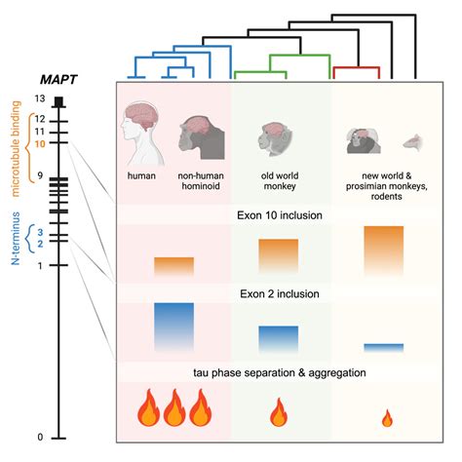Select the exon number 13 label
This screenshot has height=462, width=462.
[x=39, y=99]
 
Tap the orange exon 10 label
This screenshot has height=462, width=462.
[x=40, y=143]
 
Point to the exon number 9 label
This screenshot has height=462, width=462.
[x=40, y=174]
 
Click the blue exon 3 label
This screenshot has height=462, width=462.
[x=40, y=233]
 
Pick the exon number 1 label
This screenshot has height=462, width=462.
[x=40, y=265]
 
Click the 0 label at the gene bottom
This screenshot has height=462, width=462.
[x=40, y=437]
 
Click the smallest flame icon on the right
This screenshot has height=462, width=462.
[x=386, y=419]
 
